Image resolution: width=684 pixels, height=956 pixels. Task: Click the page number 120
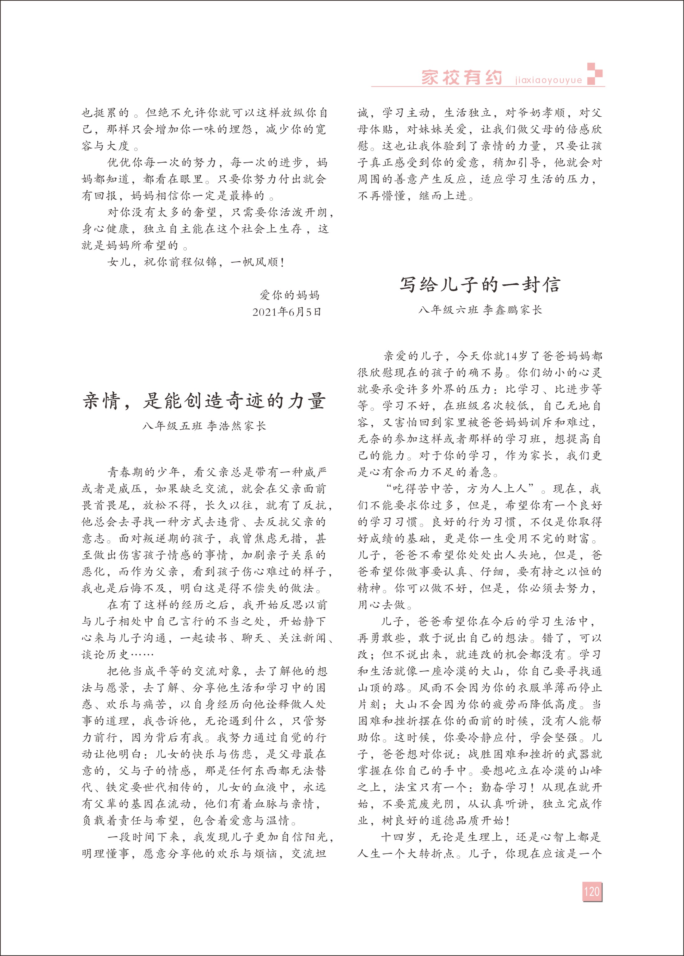pos(592,892)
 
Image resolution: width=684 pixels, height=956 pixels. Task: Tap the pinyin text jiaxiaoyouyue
pos(548,80)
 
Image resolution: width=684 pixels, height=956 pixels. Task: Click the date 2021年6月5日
pos(286,312)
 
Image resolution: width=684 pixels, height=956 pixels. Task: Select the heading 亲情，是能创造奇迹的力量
pos(204,401)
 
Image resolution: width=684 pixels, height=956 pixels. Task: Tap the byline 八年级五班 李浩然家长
pos(204,426)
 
